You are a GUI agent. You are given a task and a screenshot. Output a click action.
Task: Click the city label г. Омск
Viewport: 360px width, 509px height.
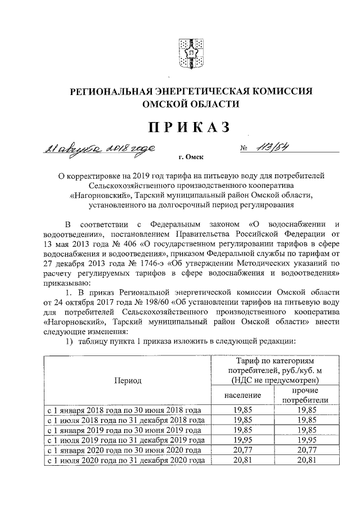pos(191,159)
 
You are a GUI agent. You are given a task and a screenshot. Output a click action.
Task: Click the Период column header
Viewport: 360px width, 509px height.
pos(128,380)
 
